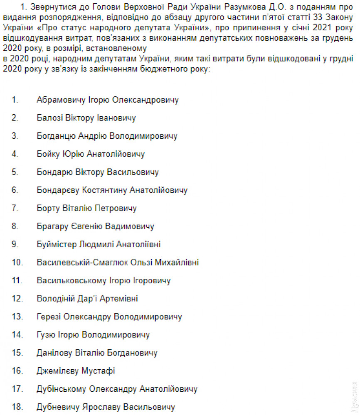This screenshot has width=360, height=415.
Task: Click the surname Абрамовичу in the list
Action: [62, 100]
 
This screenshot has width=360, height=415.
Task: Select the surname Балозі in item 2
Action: [50, 118]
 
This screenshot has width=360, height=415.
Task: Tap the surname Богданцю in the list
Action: [56, 136]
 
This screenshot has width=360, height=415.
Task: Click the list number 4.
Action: [15, 154]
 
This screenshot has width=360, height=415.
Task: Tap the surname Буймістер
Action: [57, 244]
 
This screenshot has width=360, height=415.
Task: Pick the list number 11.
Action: [16, 280]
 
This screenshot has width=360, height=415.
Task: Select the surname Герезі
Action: [49, 317]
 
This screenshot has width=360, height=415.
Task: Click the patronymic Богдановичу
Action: [132, 353]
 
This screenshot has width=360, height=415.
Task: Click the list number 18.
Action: [16, 407]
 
